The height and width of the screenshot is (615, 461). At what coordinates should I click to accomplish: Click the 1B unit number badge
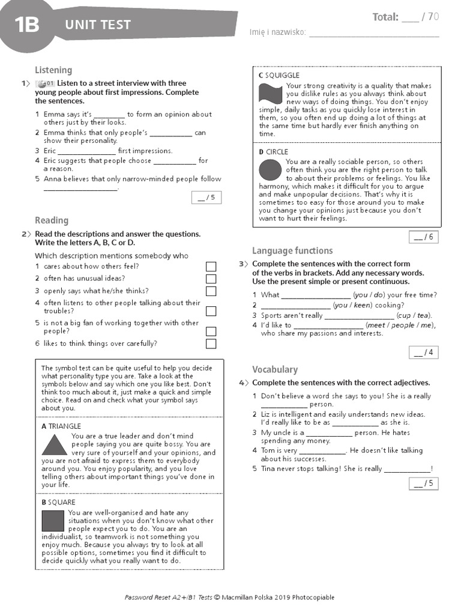tap(26, 25)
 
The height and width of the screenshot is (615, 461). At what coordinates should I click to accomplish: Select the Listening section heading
tap(53, 70)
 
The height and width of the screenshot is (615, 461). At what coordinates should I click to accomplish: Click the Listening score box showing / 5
tap(206, 197)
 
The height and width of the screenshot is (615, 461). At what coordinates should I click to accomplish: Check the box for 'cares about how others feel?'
tap(211, 266)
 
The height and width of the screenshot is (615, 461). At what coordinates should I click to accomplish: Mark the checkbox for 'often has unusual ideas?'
tap(211, 279)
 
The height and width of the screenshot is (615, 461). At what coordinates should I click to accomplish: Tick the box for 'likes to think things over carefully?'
tap(211, 344)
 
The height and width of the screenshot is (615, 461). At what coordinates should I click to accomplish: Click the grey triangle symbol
tap(55, 445)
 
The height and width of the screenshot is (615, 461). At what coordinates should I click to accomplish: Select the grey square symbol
tap(53, 520)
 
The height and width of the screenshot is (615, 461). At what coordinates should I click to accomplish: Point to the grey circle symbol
tap(270, 171)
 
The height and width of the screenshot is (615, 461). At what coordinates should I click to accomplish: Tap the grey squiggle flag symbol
tap(270, 94)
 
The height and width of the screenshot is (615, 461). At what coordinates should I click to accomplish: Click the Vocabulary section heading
tap(274, 369)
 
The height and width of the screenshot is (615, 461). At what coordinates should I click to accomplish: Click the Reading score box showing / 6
tap(423, 237)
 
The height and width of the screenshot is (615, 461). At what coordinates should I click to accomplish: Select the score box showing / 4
tap(423, 352)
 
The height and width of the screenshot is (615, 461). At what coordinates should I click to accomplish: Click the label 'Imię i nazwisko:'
tap(277, 32)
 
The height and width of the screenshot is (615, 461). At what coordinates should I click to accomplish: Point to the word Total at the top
tap(385, 17)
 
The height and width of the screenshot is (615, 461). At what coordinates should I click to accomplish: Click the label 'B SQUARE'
tap(58, 502)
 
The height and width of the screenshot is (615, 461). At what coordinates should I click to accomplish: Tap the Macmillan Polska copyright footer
tap(229, 597)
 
